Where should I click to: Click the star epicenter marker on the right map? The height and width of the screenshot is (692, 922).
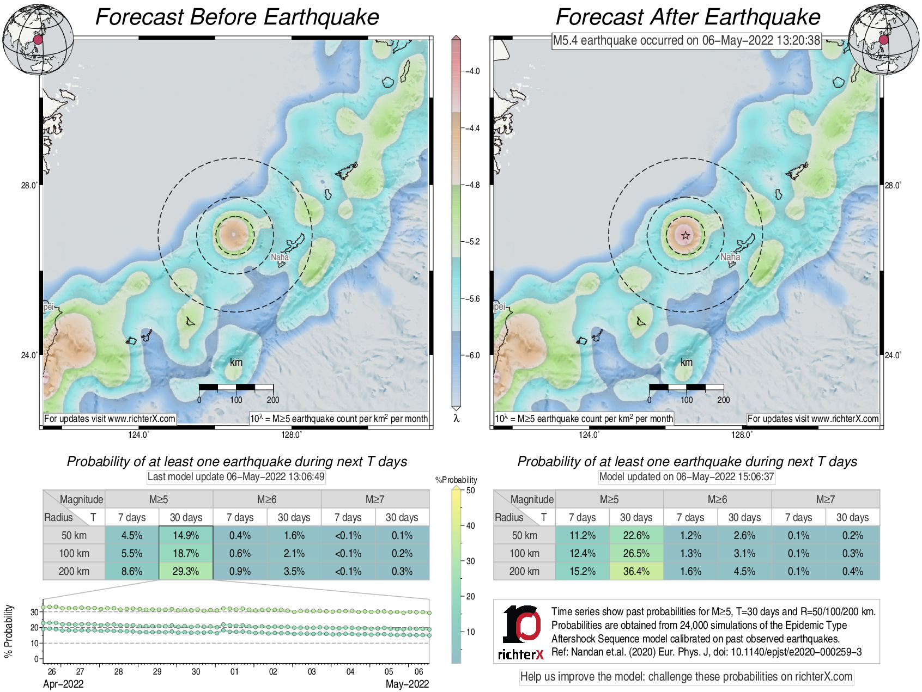pos(686,236)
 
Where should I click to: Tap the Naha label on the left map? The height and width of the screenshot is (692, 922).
pos(280,257)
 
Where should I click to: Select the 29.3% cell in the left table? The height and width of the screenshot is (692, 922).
pos(186,571)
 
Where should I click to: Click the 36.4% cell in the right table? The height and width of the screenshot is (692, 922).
pos(636,571)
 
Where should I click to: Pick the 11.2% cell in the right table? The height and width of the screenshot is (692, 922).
pos(582,535)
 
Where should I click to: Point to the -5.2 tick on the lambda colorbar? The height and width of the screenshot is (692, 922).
pos(472,242)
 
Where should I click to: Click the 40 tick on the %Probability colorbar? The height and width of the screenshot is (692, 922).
pos(470,525)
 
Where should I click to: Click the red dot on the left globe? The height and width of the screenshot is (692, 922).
pos(38,40)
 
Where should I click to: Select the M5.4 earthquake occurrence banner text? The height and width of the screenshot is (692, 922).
pos(686,40)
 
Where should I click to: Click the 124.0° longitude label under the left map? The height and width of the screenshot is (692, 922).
pos(138,434)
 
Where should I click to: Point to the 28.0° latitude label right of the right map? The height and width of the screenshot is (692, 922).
pos(893,185)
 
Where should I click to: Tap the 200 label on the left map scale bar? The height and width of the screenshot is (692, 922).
pos(273,400)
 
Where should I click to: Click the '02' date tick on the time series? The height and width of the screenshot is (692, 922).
pos(273,672)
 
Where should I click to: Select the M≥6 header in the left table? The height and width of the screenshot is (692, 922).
pos(266,499)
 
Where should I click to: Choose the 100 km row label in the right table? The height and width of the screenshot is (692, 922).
pos(524,553)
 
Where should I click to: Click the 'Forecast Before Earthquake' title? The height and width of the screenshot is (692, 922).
pos(237,17)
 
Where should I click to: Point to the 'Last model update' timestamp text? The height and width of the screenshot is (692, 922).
pos(236,476)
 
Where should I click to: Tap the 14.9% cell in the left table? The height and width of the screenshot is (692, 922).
pos(186,535)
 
